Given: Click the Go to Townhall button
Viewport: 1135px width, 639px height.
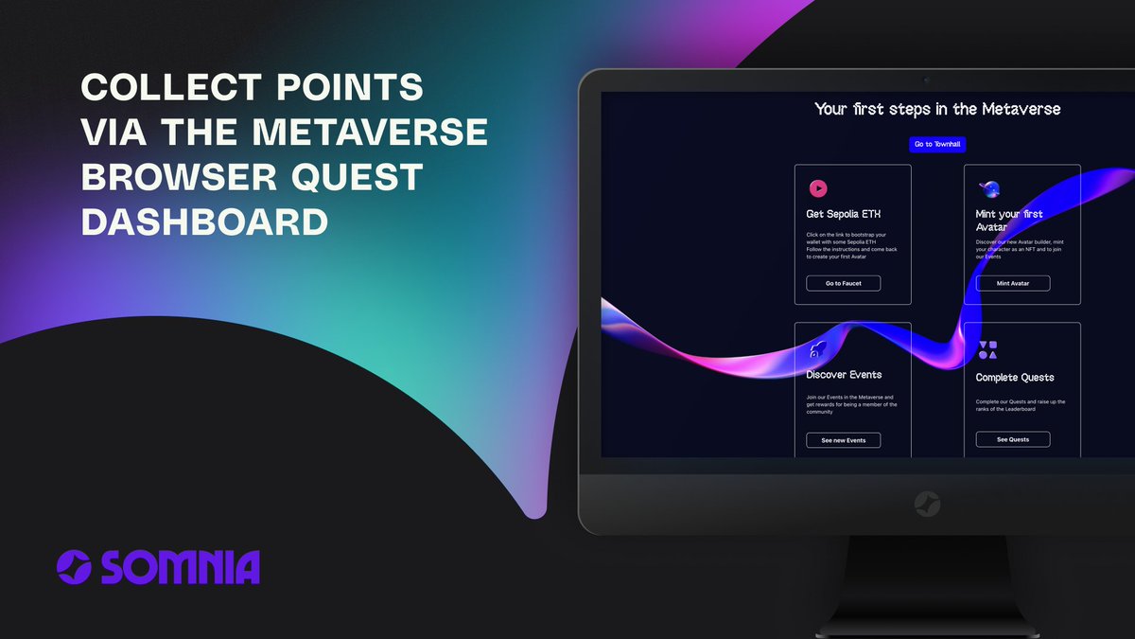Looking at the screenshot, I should (x=937, y=145).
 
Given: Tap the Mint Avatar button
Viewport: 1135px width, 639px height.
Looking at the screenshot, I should (x=1012, y=283).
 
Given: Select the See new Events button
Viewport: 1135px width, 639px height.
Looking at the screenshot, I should (x=843, y=440).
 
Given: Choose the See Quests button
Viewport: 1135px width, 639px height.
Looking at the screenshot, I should (x=1012, y=439).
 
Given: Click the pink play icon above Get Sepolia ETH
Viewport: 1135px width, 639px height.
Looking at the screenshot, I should (x=818, y=188).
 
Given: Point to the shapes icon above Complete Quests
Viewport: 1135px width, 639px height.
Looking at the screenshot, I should (x=987, y=350).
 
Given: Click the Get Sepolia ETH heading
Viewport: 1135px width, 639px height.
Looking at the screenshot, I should (x=844, y=214).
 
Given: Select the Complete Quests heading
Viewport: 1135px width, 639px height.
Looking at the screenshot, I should (x=1015, y=378).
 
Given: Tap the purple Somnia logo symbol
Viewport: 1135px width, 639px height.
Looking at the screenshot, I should (x=74, y=567).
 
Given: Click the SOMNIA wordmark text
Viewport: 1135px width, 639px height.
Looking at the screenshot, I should (x=180, y=567).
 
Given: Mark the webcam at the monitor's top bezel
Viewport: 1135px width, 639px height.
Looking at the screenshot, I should (x=926, y=80).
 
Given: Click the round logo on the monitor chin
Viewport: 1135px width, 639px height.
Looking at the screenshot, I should (x=927, y=504).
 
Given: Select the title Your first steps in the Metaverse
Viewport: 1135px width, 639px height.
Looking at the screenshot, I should (x=937, y=109).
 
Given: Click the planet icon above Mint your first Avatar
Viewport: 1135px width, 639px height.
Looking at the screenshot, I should (x=988, y=188).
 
